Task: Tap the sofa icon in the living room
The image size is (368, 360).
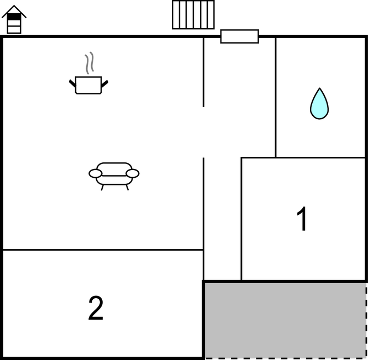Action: click(114, 176)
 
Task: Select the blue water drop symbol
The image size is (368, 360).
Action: click(319, 103)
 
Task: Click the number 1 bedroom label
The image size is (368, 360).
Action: click(302, 219)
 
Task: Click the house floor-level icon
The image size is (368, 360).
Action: click(14, 19)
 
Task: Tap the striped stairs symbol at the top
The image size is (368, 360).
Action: click(193, 15)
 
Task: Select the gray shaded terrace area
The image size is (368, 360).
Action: click(285, 320)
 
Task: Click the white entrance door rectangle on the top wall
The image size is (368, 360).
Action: click(240, 36)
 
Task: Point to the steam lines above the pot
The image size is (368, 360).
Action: click(90, 63)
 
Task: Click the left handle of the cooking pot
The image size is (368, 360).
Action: click(72, 83)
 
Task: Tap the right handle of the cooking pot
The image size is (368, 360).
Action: click(104, 84)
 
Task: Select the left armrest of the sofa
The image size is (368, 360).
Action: click(95, 173)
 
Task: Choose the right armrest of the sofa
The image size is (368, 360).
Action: click(133, 173)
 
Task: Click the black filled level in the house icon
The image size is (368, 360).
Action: click(14, 17)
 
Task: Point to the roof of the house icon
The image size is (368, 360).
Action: click(14, 11)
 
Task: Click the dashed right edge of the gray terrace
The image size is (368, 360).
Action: click(366, 320)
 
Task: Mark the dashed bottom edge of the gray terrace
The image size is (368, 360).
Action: click(285, 358)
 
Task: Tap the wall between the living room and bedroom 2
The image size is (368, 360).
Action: click(103, 250)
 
